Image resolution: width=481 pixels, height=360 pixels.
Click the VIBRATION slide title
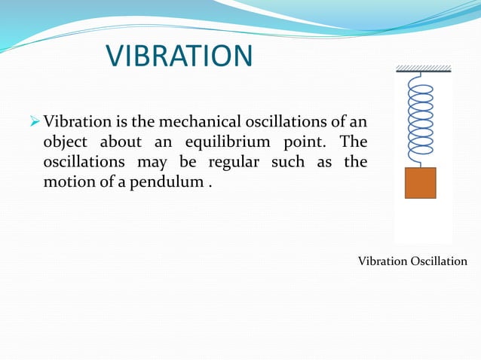click(x=179, y=56)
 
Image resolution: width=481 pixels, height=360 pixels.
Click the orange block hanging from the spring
click(x=420, y=183)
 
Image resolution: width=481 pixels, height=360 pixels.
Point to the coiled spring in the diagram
click(x=420, y=121)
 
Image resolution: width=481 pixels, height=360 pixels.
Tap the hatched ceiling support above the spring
click(x=423, y=69)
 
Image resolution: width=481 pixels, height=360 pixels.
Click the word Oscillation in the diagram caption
click(x=439, y=261)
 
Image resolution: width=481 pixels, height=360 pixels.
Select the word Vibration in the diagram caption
click(x=382, y=261)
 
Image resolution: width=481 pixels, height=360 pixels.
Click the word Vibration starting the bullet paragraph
click(x=75, y=122)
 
